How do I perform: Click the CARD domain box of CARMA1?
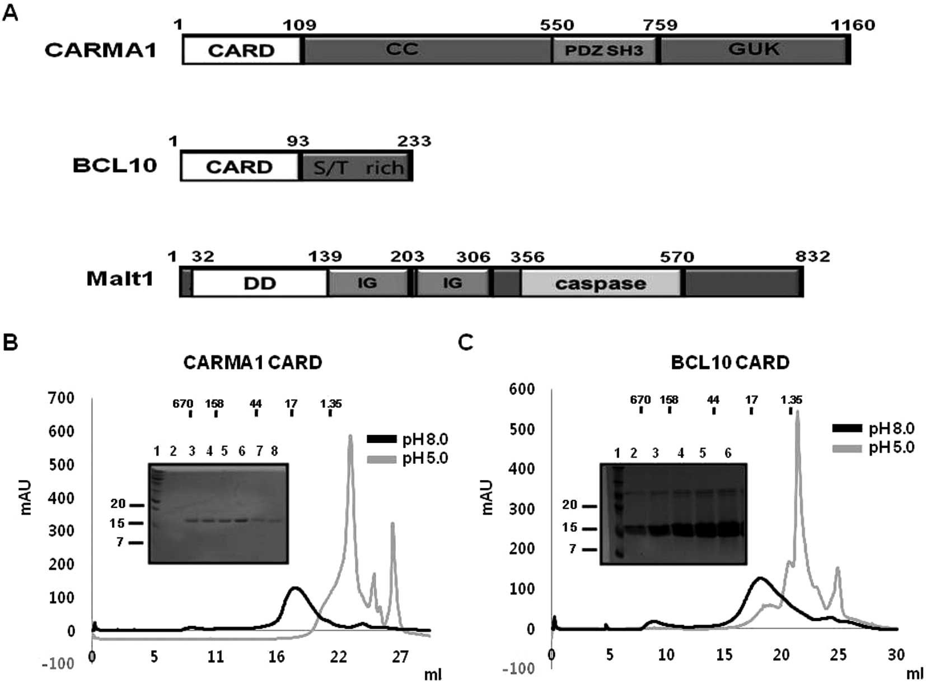(x=241, y=50)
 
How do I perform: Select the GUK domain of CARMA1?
(x=754, y=49)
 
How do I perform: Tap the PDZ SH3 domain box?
(x=604, y=50)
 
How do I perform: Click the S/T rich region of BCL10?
(x=357, y=167)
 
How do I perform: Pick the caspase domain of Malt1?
(x=600, y=283)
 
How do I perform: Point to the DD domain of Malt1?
(x=260, y=283)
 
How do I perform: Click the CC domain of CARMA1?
(x=402, y=49)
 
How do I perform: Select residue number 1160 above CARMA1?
(x=852, y=25)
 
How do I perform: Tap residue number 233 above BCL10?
(x=414, y=141)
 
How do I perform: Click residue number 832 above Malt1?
(x=813, y=257)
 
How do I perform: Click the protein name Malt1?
(x=120, y=278)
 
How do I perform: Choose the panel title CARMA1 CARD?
(x=252, y=362)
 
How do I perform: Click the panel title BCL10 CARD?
(x=730, y=362)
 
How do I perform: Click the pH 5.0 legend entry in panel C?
(x=891, y=447)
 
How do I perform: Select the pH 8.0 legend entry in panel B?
(x=425, y=439)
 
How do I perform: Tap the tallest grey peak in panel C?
(x=797, y=412)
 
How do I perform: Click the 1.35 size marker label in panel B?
(x=331, y=403)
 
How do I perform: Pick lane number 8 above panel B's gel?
(x=274, y=451)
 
